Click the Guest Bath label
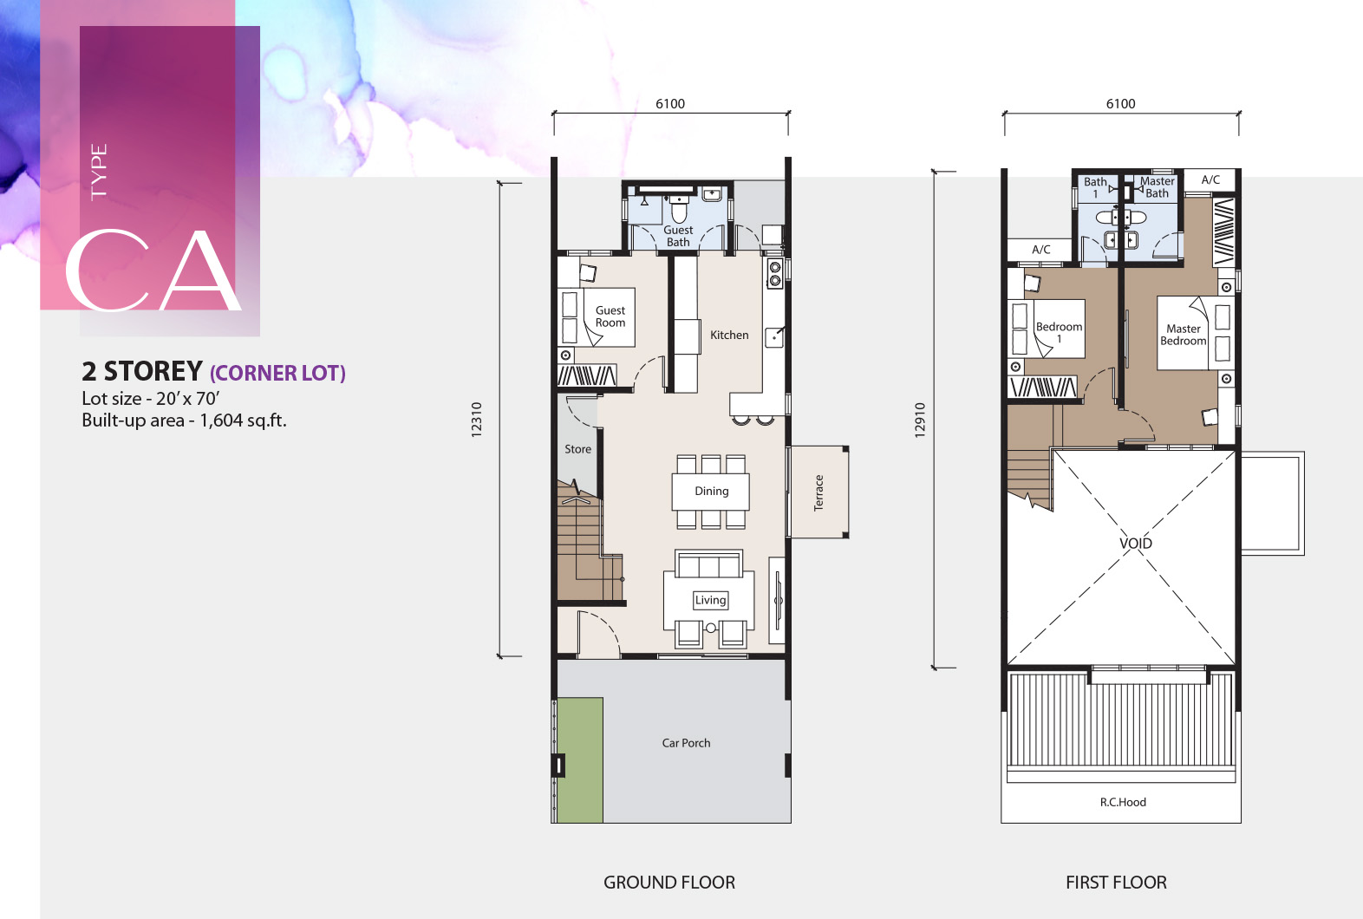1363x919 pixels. pyautogui.click(x=678, y=236)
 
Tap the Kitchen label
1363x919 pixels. pyautogui.click(x=729, y=335)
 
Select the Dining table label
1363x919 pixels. pyautogui.click(x=711, y=492)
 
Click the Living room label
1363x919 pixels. pyautogui.click(x=710, y=600)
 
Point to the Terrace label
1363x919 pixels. pyautogui.click(x=818, y=492)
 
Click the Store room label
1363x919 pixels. pyautogui.click(x=577, y=449)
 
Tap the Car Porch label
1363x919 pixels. pyautogui.click(x=686, y=743)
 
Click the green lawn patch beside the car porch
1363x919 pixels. pyautogui.click(x=580, y=760)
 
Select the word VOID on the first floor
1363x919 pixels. pyautogui.click(x=1136, y=543)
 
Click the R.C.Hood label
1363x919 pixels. pyautogui.click(x=1123, y=802)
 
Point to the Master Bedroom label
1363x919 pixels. pyautogui.click(x=1183, y=335)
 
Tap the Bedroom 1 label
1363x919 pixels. pyautogui.click(x=1059, y=332)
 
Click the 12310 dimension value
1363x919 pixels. pyautogui.click(x=476, y=420)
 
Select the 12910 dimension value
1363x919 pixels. pyautogui.click(x=919, y=420)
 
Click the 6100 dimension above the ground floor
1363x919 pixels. pyautogui.click(x=670, y=104)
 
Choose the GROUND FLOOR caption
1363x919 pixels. pyautogui.click(x=669, y=883)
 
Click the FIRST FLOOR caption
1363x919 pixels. pyautogui.click(x=1116, y=883)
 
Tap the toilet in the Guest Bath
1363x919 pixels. pyautogui.click(x=679, y=209)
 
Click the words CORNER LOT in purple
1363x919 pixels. pyautogui.click(x=277, y=373)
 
